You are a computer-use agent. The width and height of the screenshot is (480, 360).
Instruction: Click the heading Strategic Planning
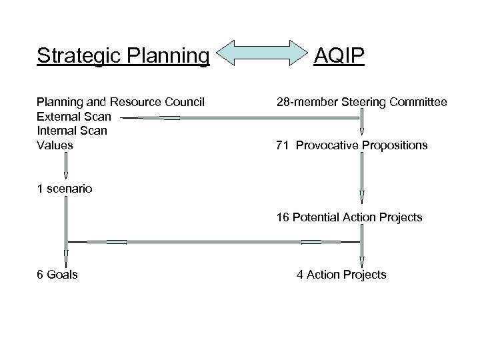pyautogui.click(x=123, y=56)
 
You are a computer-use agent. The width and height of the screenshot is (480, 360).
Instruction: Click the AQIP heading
pyautogui.click(x=340, y=56)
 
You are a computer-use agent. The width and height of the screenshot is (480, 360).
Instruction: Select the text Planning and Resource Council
pyautogui.click(x=121, y=102)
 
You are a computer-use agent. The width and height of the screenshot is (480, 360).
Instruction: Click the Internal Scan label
pyautogui.click(x=72, y=131)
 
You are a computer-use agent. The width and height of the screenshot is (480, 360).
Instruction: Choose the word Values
pyautogui.click(x=55, y=145)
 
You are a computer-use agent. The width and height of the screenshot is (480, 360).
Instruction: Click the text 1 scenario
pyautogui.click(x=65, y=189)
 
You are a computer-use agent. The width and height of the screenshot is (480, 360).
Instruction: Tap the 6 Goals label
pyautogui.click(x=57, y=275)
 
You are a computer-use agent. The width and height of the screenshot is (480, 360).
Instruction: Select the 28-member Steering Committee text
pyautogui.click(x=362, y=102)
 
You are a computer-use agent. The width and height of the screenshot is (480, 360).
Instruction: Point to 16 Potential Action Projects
pyautogui.click(x=349, y=217)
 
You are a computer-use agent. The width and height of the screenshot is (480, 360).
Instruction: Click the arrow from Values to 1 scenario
pyautogui.click(x=65, y=166)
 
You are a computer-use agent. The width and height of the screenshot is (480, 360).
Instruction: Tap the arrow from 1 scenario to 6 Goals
pyautogui.click(x=65, y=230)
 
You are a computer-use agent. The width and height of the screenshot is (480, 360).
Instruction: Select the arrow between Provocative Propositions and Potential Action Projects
pyautogui.click(x=362, y=179)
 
